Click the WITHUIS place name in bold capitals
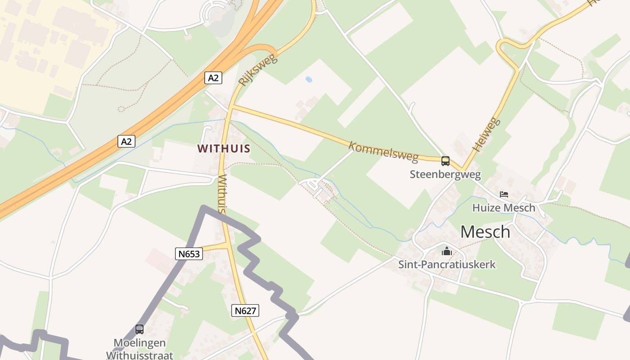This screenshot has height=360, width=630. point(224,148)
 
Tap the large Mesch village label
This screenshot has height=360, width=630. point(485,232)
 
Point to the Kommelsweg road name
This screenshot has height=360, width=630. point(383,152)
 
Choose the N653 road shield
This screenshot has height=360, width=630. point(189,254)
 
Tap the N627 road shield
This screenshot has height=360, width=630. point(245,310)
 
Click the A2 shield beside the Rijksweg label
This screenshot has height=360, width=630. point(213,77)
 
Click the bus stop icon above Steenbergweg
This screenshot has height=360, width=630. point(445,161)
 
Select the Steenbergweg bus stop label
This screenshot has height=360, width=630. point(445,174)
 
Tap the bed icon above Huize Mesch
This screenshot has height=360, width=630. point(504,194)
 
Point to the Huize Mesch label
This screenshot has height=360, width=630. point(504,207)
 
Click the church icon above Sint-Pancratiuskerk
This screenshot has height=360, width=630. point(446,251)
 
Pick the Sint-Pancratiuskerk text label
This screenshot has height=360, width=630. point(447,264)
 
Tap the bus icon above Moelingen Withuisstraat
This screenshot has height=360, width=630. point(139,329)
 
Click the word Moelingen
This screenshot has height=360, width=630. point(139,343)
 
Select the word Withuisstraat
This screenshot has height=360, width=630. point(139,355)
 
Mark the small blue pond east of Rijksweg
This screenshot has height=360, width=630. point(309,79)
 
